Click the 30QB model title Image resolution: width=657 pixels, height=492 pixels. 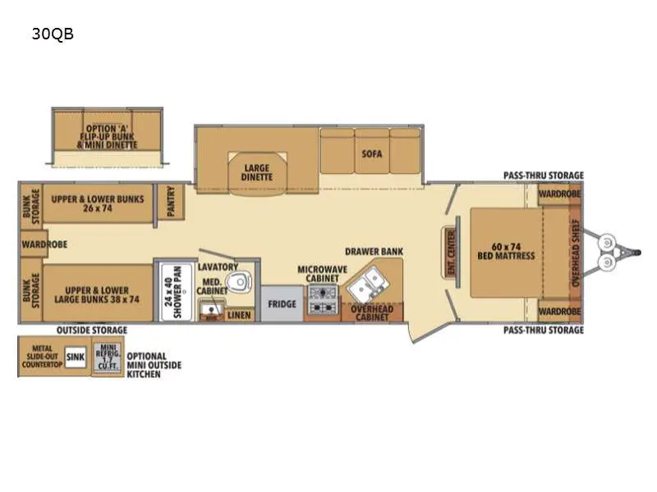tap(53, 34)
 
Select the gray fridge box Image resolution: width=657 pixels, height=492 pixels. tap(282, 303)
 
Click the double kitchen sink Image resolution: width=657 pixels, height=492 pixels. tap(368, 282)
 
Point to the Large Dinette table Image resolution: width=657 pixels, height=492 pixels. tap(257, 173)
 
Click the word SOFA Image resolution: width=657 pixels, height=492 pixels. tap(372, 154)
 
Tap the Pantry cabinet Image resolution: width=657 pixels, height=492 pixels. tap(171, 201)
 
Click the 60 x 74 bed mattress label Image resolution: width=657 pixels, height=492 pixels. tap(506, 251)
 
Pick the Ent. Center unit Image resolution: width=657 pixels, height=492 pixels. tap(451, 253)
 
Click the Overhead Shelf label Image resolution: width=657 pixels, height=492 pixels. tap(576, 253)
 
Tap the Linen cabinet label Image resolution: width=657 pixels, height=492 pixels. tap(239, 315)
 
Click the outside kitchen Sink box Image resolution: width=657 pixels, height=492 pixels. tap(76, 357)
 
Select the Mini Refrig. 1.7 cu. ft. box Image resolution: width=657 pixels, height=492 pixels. tap(108, 357)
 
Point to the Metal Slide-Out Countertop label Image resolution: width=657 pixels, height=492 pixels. tap(43, 357)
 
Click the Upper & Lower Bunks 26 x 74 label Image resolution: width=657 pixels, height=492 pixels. tap(98, 203)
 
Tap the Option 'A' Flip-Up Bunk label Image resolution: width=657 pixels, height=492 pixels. tap(108, 137)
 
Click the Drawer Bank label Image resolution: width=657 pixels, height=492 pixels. tap(374, 252)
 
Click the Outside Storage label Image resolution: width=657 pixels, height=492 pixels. tap(92, 330)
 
